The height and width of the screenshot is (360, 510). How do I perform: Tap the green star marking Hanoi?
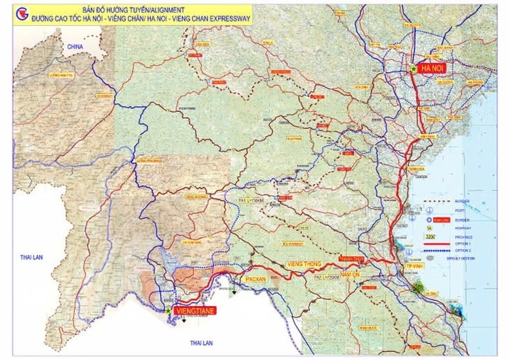tap(414, 68)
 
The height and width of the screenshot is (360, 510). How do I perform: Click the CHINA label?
tap(75, 48)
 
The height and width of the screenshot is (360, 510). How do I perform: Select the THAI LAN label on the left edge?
tap(31, 257)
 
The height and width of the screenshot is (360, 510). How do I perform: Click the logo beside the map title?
tap(22, 15)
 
